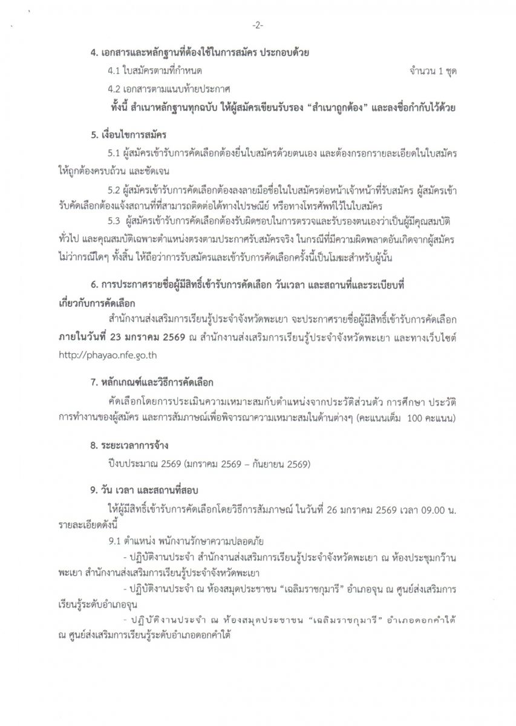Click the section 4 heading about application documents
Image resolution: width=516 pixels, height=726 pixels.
(200, 53)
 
